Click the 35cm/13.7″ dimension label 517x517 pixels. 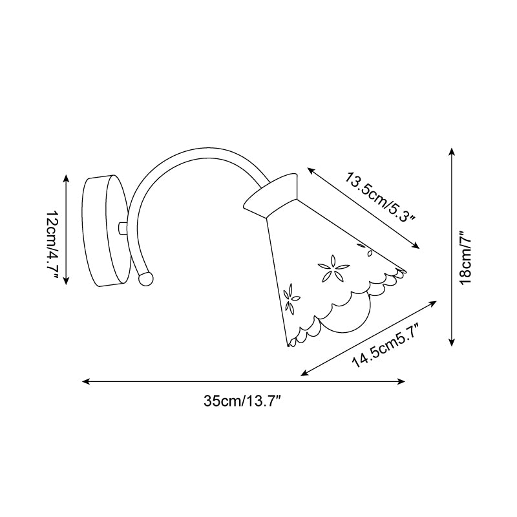tap(242, 401)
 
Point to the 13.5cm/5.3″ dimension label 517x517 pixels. tap(380, 197)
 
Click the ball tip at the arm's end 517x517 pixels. tap(145, 279)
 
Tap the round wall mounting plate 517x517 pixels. tap(105, 231)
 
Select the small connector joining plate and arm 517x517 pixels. tap(122, 229)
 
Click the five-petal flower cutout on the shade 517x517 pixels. tap(333, 268)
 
